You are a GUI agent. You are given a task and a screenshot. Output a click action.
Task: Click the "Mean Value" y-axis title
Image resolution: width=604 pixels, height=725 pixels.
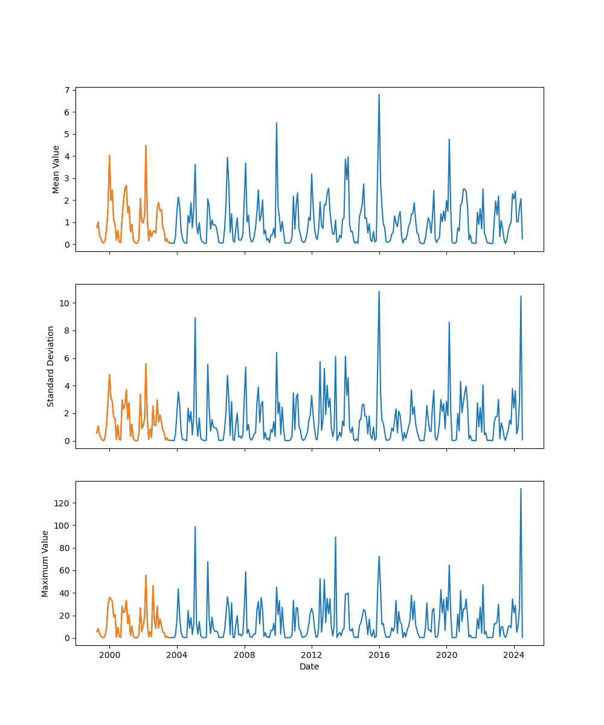click(x=56, y=169)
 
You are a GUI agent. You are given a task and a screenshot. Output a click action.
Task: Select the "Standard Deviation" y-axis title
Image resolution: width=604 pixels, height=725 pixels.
click(x=51, y=366)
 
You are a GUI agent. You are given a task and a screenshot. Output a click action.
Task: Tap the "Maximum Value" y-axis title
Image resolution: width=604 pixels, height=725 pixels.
click(x=45, y=563)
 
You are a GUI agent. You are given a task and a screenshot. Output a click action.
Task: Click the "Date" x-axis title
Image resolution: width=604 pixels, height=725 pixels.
click(x=309, y=666)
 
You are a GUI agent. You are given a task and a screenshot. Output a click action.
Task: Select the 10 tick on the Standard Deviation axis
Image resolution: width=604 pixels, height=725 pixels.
click(x=65, y=303)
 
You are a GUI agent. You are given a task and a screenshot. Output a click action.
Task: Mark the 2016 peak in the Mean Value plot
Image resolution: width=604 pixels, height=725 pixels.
click(x=379, y=94)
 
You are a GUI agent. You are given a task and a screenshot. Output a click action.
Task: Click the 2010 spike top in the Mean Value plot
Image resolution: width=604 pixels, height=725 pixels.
click(x=277, y=123)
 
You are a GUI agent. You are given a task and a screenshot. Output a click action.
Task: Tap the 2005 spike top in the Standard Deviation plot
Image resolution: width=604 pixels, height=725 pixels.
click(x=195, y=318)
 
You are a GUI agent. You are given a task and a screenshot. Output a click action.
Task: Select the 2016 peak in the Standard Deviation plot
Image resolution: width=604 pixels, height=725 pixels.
click(x=379, y=291)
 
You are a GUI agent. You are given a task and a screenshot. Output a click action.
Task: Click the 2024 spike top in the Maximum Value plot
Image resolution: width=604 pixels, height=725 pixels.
click(x=521, y=489)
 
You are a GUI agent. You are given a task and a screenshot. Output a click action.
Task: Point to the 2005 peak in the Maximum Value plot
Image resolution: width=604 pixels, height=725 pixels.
click(x=195, y=526)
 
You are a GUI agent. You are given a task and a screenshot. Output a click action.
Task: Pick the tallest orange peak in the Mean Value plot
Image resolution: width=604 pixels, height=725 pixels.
click(x=146, y=145)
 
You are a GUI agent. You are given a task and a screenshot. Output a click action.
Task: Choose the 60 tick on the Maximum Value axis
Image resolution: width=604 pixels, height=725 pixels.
click(x=65, y=570)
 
